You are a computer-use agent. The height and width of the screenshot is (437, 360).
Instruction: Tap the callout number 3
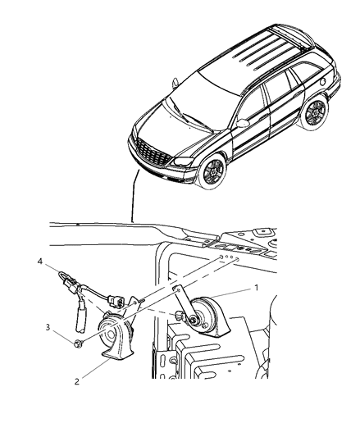pyautogui.click(x=48, y=326)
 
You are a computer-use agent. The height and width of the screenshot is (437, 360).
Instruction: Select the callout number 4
pyautogui.click(x=39, y=262)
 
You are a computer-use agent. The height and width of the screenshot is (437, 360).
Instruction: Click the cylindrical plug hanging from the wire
pyautogui.click(x=84, y=316)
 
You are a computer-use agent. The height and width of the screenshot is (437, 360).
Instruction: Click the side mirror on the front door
pyautogui.click(x=244, y=123)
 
